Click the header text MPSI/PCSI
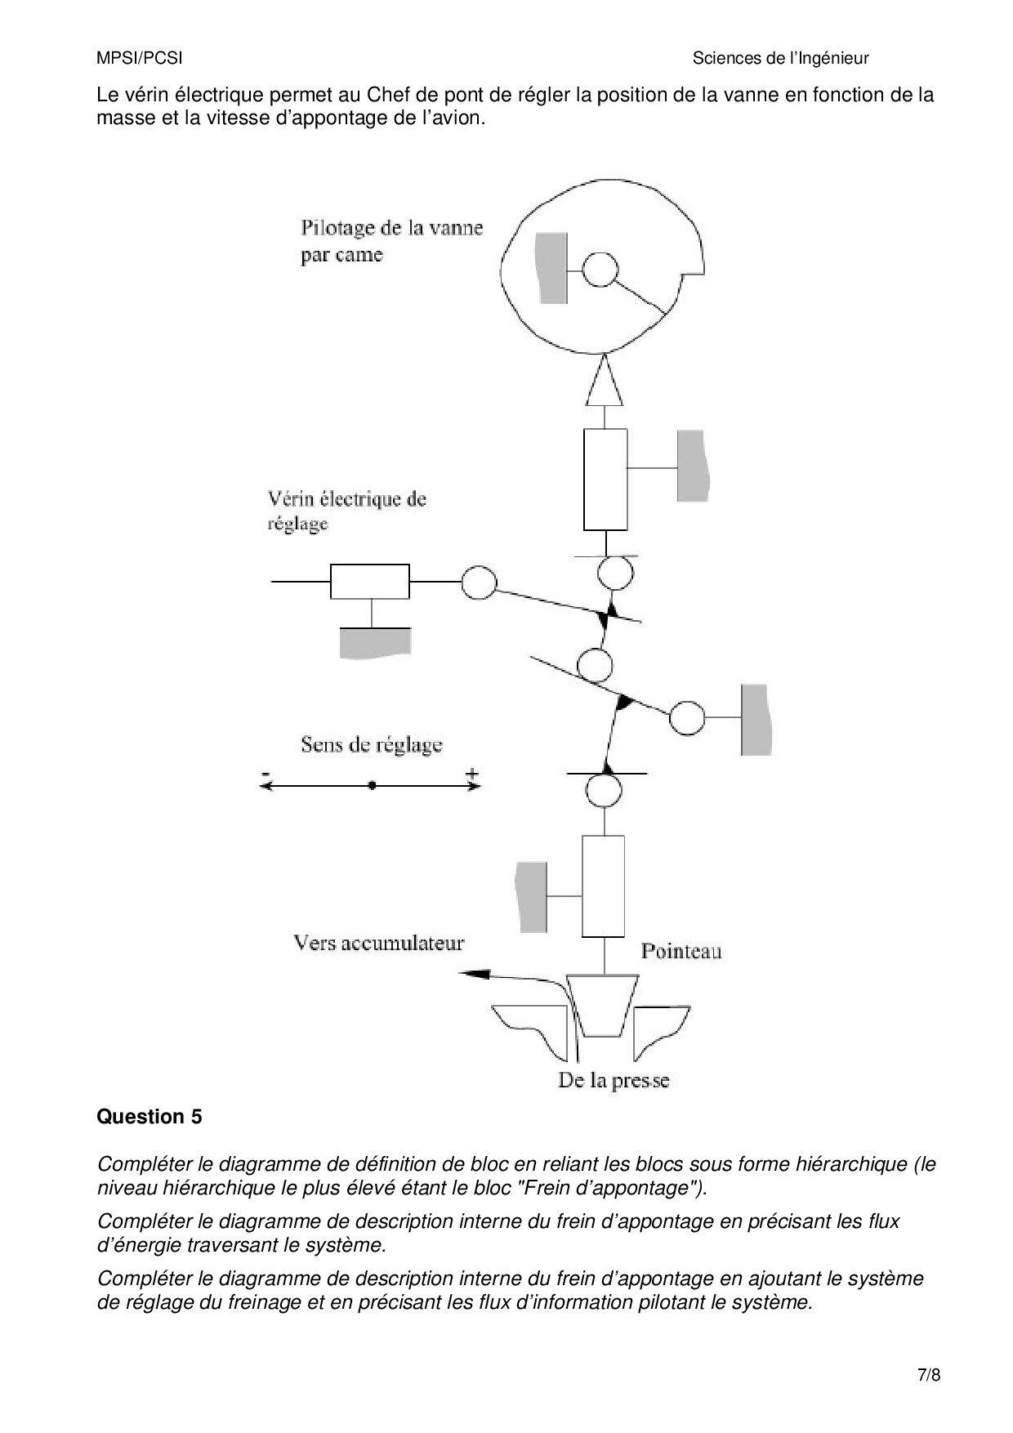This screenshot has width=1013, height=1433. pyautogui.click(x=139, y=58)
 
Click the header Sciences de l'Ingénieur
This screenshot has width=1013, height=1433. pyautogui.click(x=780, y=58)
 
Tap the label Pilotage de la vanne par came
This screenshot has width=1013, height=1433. pyautogui.click(x=391, y=241)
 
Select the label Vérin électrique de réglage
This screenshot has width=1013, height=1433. pyautogui.click(x=346, y=511)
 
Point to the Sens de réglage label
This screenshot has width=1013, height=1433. pyautogui.click(x=371, y=744)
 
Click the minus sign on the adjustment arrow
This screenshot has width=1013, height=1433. pyautogui.click(x=266, y=773)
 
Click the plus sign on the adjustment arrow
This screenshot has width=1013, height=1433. pyautogui.click(x=471, y=773)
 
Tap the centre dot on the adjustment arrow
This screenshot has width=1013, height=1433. pyautogui.click(x=373, y=785)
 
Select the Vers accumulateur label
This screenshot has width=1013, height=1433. pyautogui.click(x=378, y=943)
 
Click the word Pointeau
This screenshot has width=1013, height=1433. pyautogui.click(x=681, y=951)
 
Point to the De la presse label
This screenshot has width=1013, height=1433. pyautogui.click(x=614, y=1080)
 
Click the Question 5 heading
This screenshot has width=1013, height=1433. pyautogui.click(x=149, y=1117)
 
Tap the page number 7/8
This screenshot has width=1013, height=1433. pyautogui.click(x=929, y=1375)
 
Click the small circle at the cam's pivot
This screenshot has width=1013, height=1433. pyautogui.click(x=600, y=270)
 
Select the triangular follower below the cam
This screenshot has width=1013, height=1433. pyautogui.click(x=605, y=382)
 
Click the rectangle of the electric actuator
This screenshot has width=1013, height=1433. pyautogui.click(x=370, y=581)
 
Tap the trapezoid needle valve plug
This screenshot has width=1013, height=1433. pyautogui.click(x=603, y=1004)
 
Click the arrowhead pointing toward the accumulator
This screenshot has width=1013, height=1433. pyautogui.click(x=475, y=974)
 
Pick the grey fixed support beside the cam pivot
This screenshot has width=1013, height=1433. pyautogui.click(x=551, y=268)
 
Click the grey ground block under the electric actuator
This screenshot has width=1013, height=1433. pyautogui.click(x=375, y=642)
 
